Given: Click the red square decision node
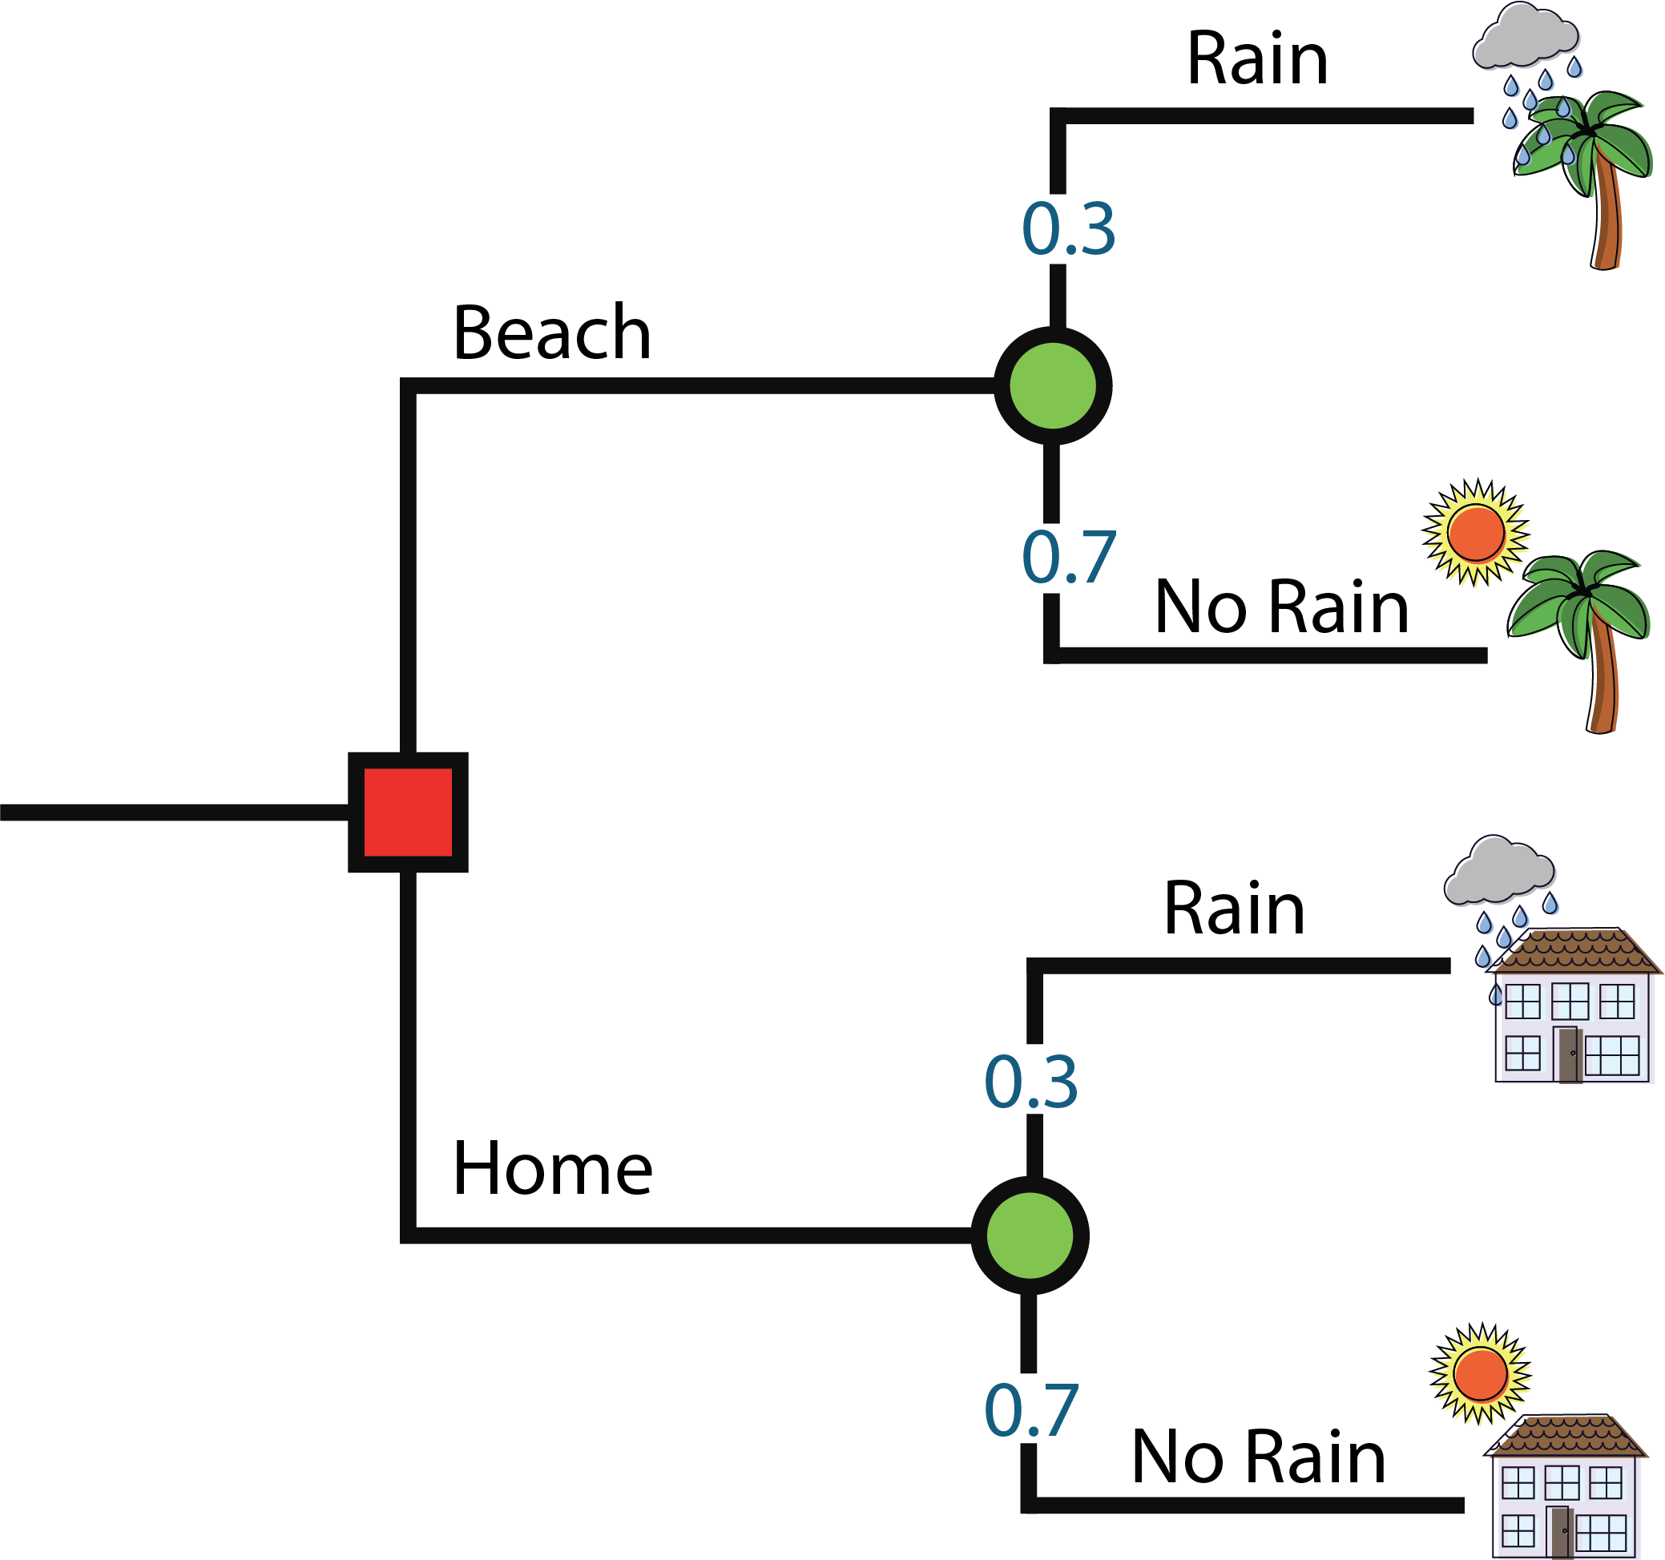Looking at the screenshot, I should pyautogui.click(x=408, y=812).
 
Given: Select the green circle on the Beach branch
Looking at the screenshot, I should pyautogui.click(x=1053, y=385).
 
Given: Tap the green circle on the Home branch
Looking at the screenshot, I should pyautogui.click(x=1030, y=1236).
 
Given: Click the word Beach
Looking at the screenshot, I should pyautogui.click(x=552, y=333).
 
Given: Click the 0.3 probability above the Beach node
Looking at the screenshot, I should pyautogui.click(x=1069, y=228).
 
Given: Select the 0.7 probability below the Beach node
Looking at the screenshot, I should pyautogui.click(x=1069, y=557).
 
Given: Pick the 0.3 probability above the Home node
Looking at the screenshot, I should pyautogui.click(x=1031, y=1082).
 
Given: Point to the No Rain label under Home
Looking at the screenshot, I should pyautogui.click(x=1258, y=1457).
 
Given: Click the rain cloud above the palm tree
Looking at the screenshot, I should pyautogui.click(x=1525, y=38).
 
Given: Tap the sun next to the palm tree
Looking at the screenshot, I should pyautogui.click(x=1477, y=533).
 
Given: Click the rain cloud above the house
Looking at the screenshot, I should pyautogui.click(x=1499, y=872).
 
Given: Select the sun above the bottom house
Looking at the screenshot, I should pyautogui.click(x=1481, y=1374).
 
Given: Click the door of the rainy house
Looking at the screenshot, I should pyautogui.click(x=1569, y=1054).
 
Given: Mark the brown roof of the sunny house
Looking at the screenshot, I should pyautogui.click(x=1564, y=1436).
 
